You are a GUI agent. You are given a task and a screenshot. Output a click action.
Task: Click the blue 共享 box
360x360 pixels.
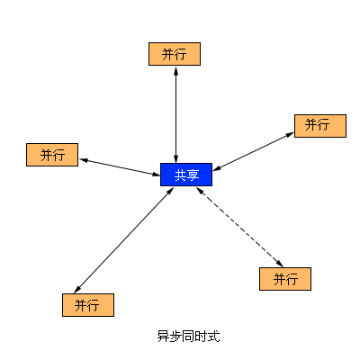pyautogui.click(x=186, y=175)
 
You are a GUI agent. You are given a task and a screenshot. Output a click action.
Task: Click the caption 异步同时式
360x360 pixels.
pyautogui.click(x=188, y=337)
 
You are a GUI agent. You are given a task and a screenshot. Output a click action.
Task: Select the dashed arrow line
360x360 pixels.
pyautogui.click(x=239, y=227)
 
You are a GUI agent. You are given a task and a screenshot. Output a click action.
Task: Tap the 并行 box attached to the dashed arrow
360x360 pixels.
pyautogui.click(x=285, y=279)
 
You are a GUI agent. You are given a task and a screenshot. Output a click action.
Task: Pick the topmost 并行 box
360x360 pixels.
pyautogui.click(x=175, y=54)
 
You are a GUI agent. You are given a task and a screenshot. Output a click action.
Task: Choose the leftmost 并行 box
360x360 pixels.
pyautogui.click(x=52, y=155)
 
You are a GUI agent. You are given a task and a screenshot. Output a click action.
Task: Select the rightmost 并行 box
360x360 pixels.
pyautogui.click(x=320, y=126)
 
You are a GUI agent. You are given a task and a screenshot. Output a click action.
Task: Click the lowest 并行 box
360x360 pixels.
pyautogui.click(x=88, y=305)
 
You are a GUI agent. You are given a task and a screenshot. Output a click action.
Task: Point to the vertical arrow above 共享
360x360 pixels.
pyautogui.click(x=176, y=114)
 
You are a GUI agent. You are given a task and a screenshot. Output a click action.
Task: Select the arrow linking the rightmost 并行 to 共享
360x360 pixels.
pyautogui.click(x=254, y=151)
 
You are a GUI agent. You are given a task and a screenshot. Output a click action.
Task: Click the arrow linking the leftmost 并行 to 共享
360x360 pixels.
pyautogui.click(x=120, y=167)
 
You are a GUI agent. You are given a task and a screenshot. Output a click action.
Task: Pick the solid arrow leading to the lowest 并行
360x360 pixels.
pyautogui.click(x=124, y=240)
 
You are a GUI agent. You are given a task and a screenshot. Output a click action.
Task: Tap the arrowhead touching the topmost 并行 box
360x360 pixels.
pyautogui.click(x=176, y=70)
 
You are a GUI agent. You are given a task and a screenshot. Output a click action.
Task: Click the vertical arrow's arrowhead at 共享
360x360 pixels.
pyautogui.click(x=176, y=159)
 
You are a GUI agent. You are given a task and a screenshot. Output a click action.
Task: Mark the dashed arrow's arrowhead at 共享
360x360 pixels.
pyautogui.click(x=200, y=191)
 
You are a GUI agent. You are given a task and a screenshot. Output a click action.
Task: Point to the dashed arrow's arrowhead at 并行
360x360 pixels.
pyautogui.click(x=280, y=264)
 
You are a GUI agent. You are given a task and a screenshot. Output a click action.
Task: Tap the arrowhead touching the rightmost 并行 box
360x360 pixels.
pyautogui.click(x=290, y=134)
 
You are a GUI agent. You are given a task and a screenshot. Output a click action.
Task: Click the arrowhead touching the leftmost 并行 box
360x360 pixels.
pyautogui.click(x=84, y=160)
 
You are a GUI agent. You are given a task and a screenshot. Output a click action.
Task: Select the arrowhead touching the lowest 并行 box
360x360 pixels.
pyautogui.click(x=77, y=289)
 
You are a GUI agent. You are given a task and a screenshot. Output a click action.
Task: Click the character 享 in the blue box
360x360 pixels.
pyautogui.click(x=193, y=175)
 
